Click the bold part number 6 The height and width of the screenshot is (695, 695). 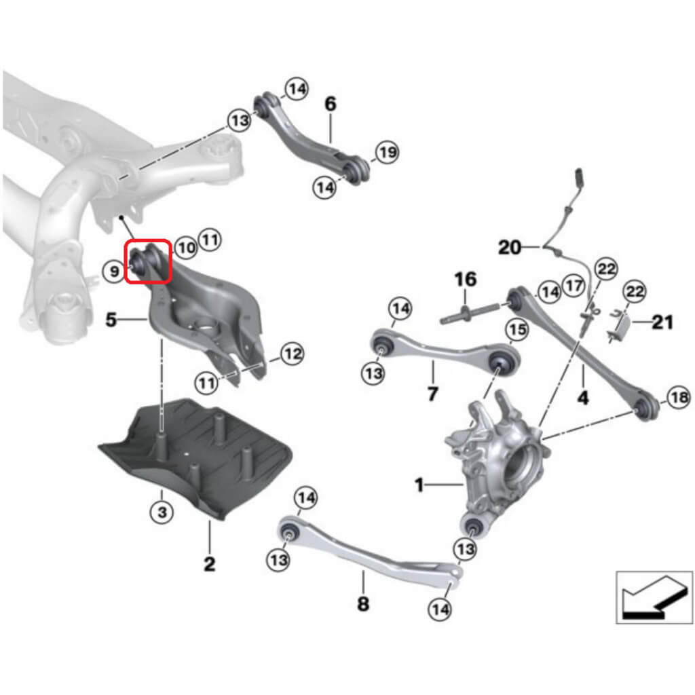(330, 104)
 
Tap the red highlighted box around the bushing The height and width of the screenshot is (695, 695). (148, 261)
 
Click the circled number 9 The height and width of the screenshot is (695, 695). (115, 272)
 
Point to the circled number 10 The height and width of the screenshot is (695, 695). (185, 248)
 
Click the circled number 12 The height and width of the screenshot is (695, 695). (291, 354)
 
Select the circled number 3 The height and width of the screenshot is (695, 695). (162, 512)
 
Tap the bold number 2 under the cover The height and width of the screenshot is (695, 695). (209, 563)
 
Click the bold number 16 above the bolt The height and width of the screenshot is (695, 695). (466, 278)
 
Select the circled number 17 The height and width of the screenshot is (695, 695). (574, 286)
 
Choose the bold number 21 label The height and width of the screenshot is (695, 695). (662, 322)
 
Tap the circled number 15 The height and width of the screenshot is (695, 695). (517, 330)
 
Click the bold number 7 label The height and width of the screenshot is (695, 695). (433, 394)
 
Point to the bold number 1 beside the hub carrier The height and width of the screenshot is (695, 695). (419, 485)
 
